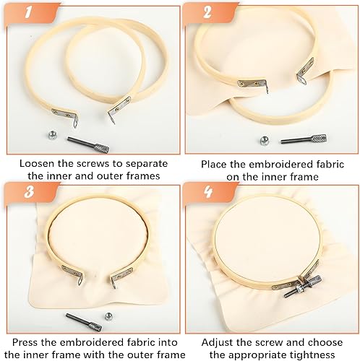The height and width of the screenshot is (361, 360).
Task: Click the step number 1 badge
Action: pyautogui.click(x=29, y=12)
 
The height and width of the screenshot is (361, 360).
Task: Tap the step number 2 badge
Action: pyautogui.click(x=207, y=12)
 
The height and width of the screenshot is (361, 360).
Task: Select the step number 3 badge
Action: pyautogui.click(x=29, y=192)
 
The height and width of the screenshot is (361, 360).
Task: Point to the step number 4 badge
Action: pyautogui.click(x=207, y=192)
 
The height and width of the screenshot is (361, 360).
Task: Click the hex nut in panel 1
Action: pyautogui.click(x=51, y=135)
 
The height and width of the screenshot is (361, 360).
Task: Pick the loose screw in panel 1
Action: pyautogui.click(x=88, y=144)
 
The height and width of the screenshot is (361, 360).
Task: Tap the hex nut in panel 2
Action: pyautogui.click(x=265, y=140)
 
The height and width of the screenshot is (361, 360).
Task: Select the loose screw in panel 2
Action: pyautogui.click(x=304, y=139)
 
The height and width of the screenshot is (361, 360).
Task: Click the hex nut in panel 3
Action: pyautogui.click(x=108, y=316)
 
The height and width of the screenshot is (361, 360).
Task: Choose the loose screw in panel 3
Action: pyautogui.click(x=84, y=322)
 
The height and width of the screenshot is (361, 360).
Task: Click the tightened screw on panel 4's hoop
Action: pyautogui.click(x=303, y=287)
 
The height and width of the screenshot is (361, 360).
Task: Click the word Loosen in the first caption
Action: pyautogui.click(x=37, y=164)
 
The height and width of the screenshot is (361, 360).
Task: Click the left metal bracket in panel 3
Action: pyautogui.click(x=72, y=274)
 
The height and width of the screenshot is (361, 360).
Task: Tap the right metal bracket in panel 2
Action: pyautogui.click(x=305, y=71)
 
